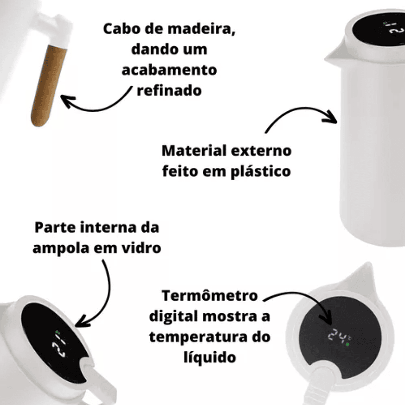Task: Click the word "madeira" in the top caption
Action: tap(201, 29)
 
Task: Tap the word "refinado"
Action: tap(169, 91)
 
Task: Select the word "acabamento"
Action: tap(169, 70)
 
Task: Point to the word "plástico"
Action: tap(261, 172)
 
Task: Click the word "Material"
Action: tap(194, 151)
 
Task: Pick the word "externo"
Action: tap(261, 151)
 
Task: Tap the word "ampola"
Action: tap(61, 249)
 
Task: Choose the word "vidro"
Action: tap(141, 248)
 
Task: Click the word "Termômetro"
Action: tap(210, 296)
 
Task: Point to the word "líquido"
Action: tap(210, 357)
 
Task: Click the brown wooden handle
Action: tap(48, 85)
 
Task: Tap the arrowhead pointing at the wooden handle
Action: tap(67, 100)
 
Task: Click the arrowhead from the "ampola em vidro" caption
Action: tap(82, 322)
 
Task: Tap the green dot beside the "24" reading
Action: tap(347, 344)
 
